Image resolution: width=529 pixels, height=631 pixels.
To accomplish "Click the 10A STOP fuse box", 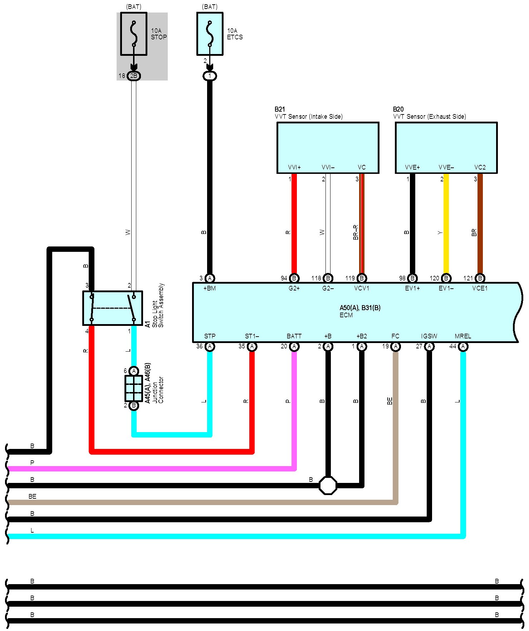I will pyautogui.click(x=133, y=34).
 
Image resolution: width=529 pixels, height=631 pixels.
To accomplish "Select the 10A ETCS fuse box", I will pyautogui.click(x=210, y=34).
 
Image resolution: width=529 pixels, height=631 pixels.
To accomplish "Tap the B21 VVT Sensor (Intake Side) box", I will pyautogui.click(x=328, y=147).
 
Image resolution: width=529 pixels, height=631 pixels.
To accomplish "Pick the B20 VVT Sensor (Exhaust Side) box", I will pyautogui.click(x=446, y=147).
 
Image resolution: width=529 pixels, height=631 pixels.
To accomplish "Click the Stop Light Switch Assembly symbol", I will pyautogui.click(x=112, y=308).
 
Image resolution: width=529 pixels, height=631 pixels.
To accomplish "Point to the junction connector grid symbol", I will pyautogui.click(x=133, y=388).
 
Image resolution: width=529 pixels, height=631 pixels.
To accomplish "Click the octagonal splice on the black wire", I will pyautogui.click(x=328, y=485).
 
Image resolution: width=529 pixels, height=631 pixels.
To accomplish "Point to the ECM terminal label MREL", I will pyautogui.click(x=463, y=336).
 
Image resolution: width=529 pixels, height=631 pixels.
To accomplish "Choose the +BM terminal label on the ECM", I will pyautogui.click(x=210, y=288).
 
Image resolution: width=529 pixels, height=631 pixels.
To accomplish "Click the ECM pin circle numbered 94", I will pyautogui.click(x=294, y=278).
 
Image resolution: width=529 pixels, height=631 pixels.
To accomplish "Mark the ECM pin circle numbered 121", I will pyautogui.click(x=480, y=278).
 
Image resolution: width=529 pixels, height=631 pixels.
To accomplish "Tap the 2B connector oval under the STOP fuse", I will pyautogui.click(x=133, y=76).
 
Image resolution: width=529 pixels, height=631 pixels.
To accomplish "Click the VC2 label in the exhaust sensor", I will pyautogui.click(x=480, y=167).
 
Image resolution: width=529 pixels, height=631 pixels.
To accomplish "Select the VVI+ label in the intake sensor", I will pyautogui.click(x=294, y=167).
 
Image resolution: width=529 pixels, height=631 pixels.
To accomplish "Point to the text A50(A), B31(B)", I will pyautogui.click(x=360, y=308).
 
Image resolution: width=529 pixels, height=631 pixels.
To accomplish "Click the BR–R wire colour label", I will pyautogui.click(x=356, y=233).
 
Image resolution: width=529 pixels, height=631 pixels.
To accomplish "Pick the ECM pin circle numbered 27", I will pyautogui.click(x=429, y=346).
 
